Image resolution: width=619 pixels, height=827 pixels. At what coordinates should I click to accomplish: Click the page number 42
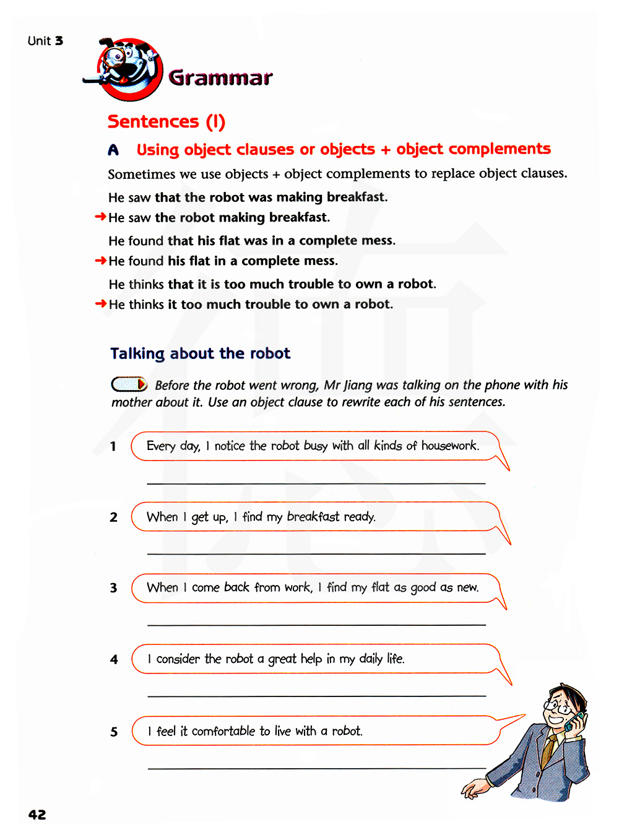37,815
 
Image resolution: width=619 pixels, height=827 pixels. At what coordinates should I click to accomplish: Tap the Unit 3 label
45,41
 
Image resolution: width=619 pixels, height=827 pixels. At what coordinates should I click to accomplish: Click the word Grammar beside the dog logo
220,78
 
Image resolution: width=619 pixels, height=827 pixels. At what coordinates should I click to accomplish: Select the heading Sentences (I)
166,121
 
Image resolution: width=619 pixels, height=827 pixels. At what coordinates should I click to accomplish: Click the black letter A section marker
113,150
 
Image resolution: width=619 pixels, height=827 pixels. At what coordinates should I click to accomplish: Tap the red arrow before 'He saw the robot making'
100,217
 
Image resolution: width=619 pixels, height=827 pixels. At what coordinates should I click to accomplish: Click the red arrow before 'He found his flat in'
100,261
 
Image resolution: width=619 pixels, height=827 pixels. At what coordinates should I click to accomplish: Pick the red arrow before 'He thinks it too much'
100,303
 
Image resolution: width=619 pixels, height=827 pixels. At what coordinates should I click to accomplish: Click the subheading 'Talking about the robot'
200,353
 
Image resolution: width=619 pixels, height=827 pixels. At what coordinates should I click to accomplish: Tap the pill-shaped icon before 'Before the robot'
129,384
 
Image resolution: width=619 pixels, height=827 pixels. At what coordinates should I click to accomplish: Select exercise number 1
113,446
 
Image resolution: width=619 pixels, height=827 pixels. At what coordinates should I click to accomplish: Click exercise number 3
113,588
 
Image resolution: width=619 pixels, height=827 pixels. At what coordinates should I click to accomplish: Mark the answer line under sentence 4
316,696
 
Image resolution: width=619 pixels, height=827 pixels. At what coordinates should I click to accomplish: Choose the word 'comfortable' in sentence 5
223,731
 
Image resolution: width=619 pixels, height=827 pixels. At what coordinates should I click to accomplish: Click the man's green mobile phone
576,722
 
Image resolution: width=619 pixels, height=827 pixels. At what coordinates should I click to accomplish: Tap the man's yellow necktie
548,750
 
